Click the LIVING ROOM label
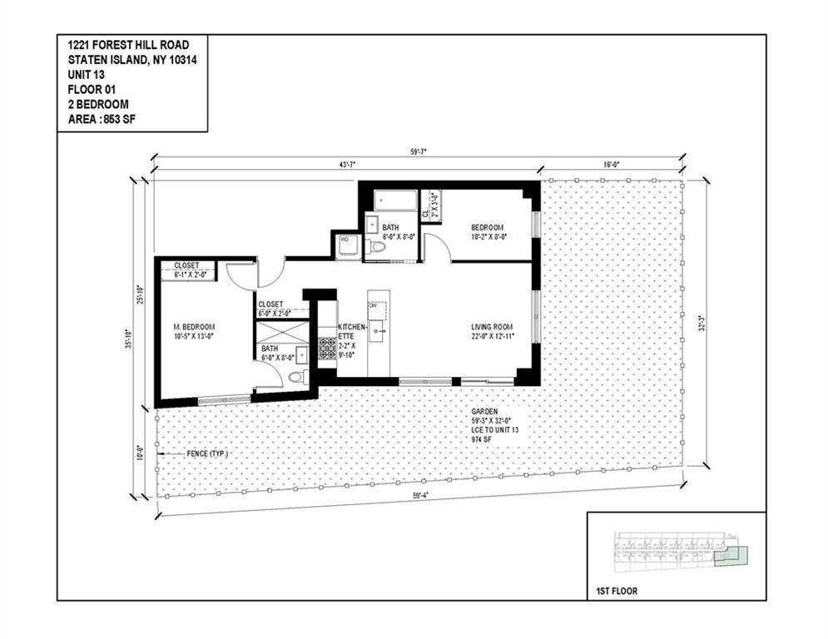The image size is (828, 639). tap(490, 327)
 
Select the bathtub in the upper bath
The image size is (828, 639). tap(394, 201)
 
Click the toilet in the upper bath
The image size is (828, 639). tap(378, 247)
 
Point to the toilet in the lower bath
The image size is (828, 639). tap(294, 376)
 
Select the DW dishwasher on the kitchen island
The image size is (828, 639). tap(374, 306)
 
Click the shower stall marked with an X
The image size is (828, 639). tap(282, 330)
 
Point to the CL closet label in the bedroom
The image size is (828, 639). tap(425, 213)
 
